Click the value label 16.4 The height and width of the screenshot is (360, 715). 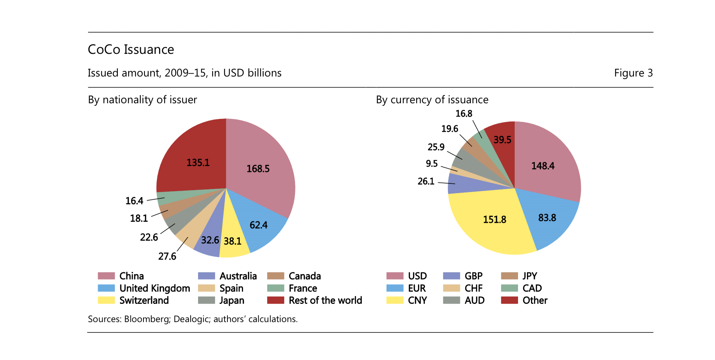(134, 201)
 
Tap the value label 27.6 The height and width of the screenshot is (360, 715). (167, 256)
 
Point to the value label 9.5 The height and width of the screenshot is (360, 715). (431, 164)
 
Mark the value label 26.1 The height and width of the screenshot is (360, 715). (426, 181)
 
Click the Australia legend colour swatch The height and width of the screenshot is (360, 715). (207, 276)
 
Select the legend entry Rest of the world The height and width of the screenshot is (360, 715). (325, 301)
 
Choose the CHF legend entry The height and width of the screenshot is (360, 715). (473, 288)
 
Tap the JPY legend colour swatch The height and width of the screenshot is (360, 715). (509, 276)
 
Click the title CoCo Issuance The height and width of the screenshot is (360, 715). (131, 49)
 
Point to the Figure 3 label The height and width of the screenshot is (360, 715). (633, 73)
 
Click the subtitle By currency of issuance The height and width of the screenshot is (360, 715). (432, 100)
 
